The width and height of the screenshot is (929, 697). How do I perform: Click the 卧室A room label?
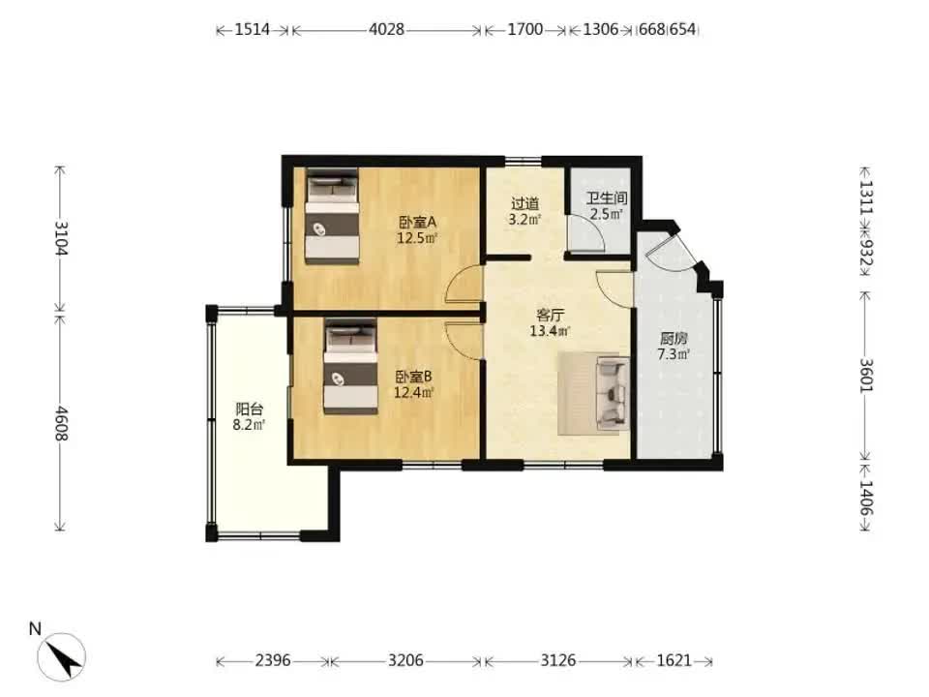click(417, 223)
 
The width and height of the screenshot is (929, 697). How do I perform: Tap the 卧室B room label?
click(413, 377)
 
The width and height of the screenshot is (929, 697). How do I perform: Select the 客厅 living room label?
click(550, 315)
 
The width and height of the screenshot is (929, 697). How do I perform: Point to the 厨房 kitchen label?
click(674, 339)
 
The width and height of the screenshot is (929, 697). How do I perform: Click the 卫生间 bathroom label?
click(607, 197)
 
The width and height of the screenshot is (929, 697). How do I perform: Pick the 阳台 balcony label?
click(249, 409)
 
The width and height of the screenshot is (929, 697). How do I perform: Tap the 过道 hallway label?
click(524, 204)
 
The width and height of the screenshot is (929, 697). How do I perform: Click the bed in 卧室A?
click(332, 215)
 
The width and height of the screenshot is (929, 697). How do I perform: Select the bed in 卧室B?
click(350, 366)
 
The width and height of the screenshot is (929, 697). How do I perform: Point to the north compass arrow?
click(62, 657)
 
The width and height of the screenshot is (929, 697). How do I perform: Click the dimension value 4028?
click(386, 29)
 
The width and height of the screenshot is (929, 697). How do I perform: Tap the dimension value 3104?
click(61, 238)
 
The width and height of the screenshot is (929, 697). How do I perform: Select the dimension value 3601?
click(866, 376)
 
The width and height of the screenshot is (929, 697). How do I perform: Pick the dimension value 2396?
click(273, 660)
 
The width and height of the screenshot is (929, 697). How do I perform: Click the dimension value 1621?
click(674, 660)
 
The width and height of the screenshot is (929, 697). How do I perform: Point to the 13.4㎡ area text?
click(550, 331)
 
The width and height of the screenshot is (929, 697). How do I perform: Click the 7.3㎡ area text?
click(674, 354)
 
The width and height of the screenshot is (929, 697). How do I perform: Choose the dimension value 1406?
click(866, 498)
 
